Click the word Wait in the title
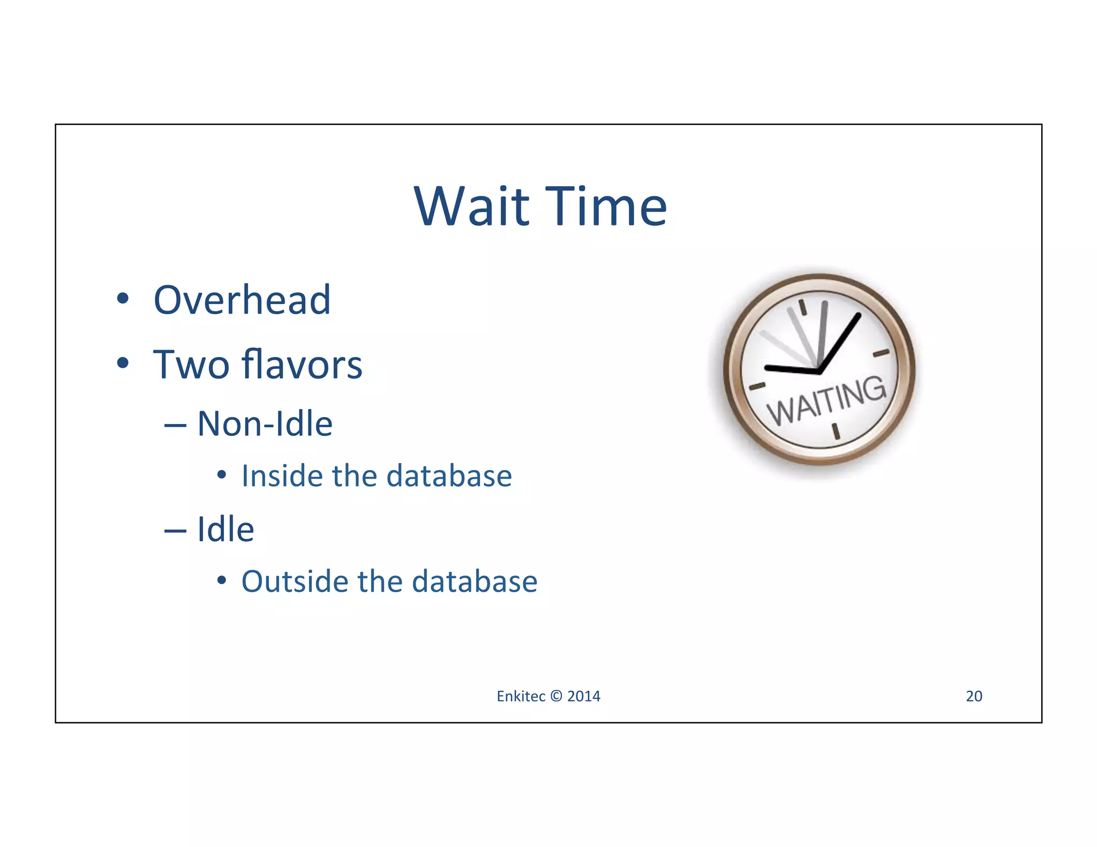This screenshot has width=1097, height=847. click(471, 207)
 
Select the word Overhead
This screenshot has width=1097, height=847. click(242, 300)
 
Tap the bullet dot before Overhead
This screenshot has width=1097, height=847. click(123, 299)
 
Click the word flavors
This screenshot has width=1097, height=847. click(302, 365)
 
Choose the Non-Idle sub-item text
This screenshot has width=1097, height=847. click(265, 424)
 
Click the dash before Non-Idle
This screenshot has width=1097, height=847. click(175, 426)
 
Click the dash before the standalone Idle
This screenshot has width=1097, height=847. click(175, 531)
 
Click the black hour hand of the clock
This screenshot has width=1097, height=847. click(791, 369)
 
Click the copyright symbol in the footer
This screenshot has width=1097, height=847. click(556, 696)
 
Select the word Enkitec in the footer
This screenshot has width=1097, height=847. click(520, 696)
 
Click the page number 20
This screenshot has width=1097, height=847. click(974, 696)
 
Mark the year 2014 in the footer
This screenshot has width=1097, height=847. click(584, 696)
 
